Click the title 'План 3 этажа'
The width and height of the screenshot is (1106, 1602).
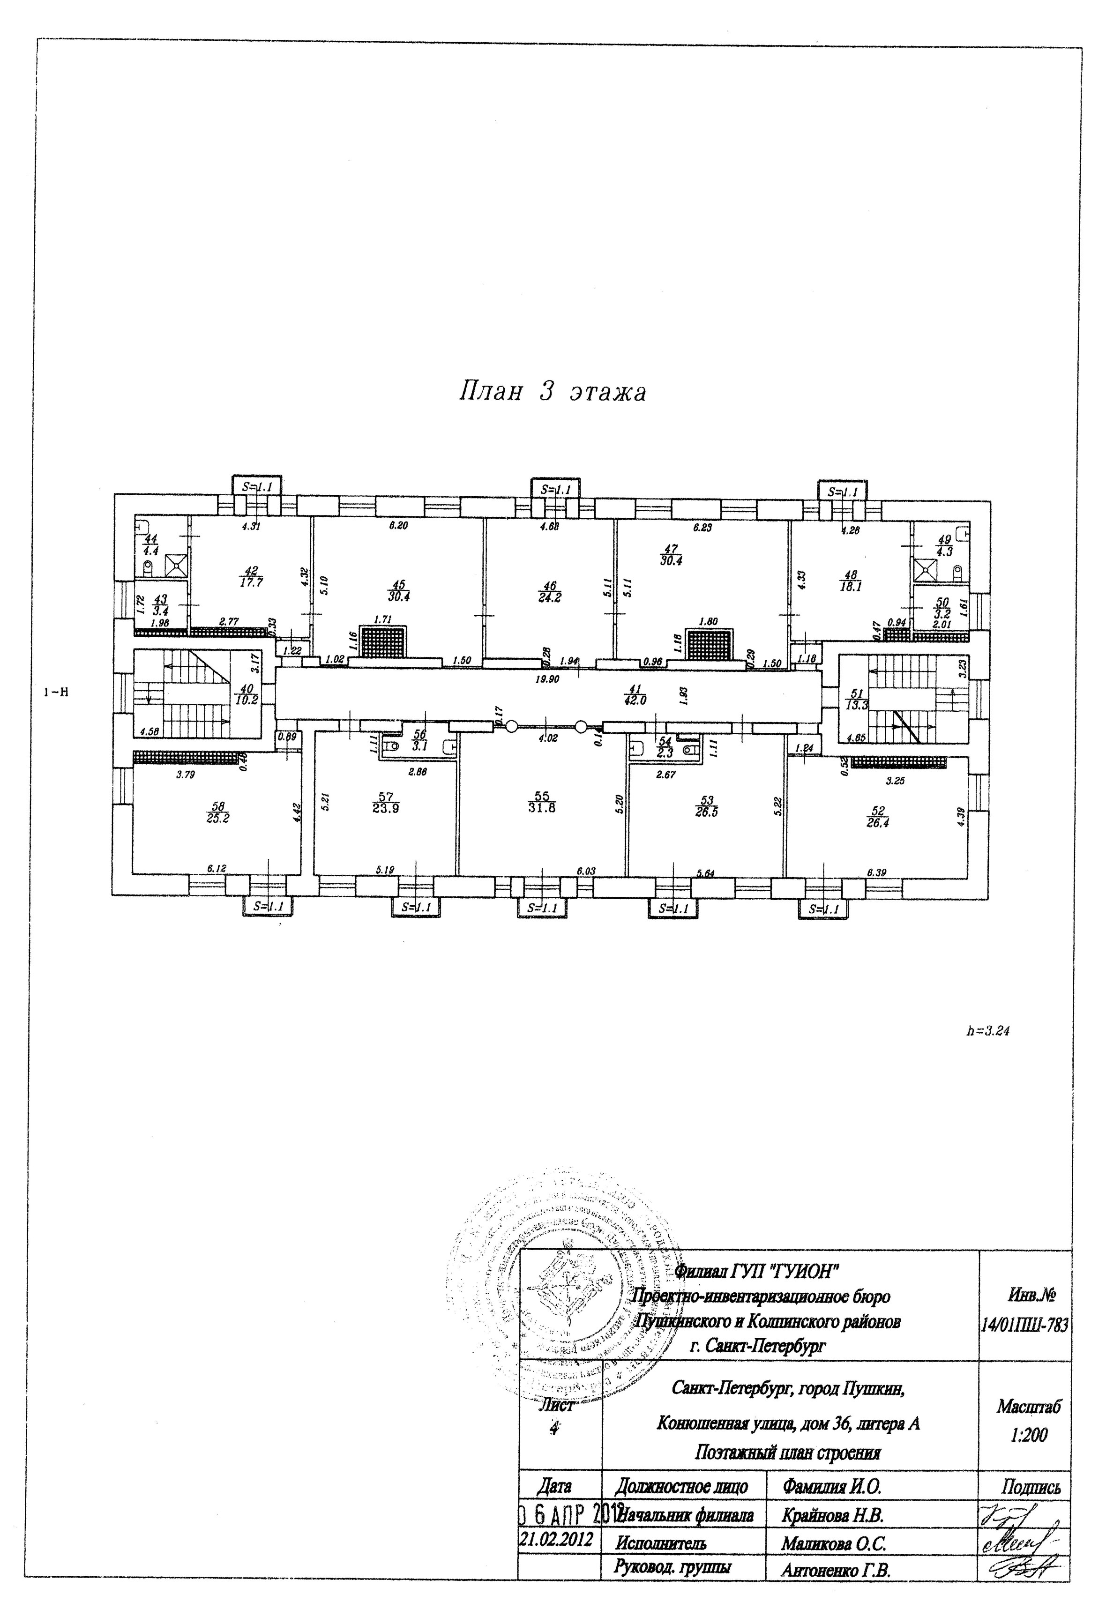(x=553, y=393)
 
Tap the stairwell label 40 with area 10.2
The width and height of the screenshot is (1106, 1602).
(x=247, y=693)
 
